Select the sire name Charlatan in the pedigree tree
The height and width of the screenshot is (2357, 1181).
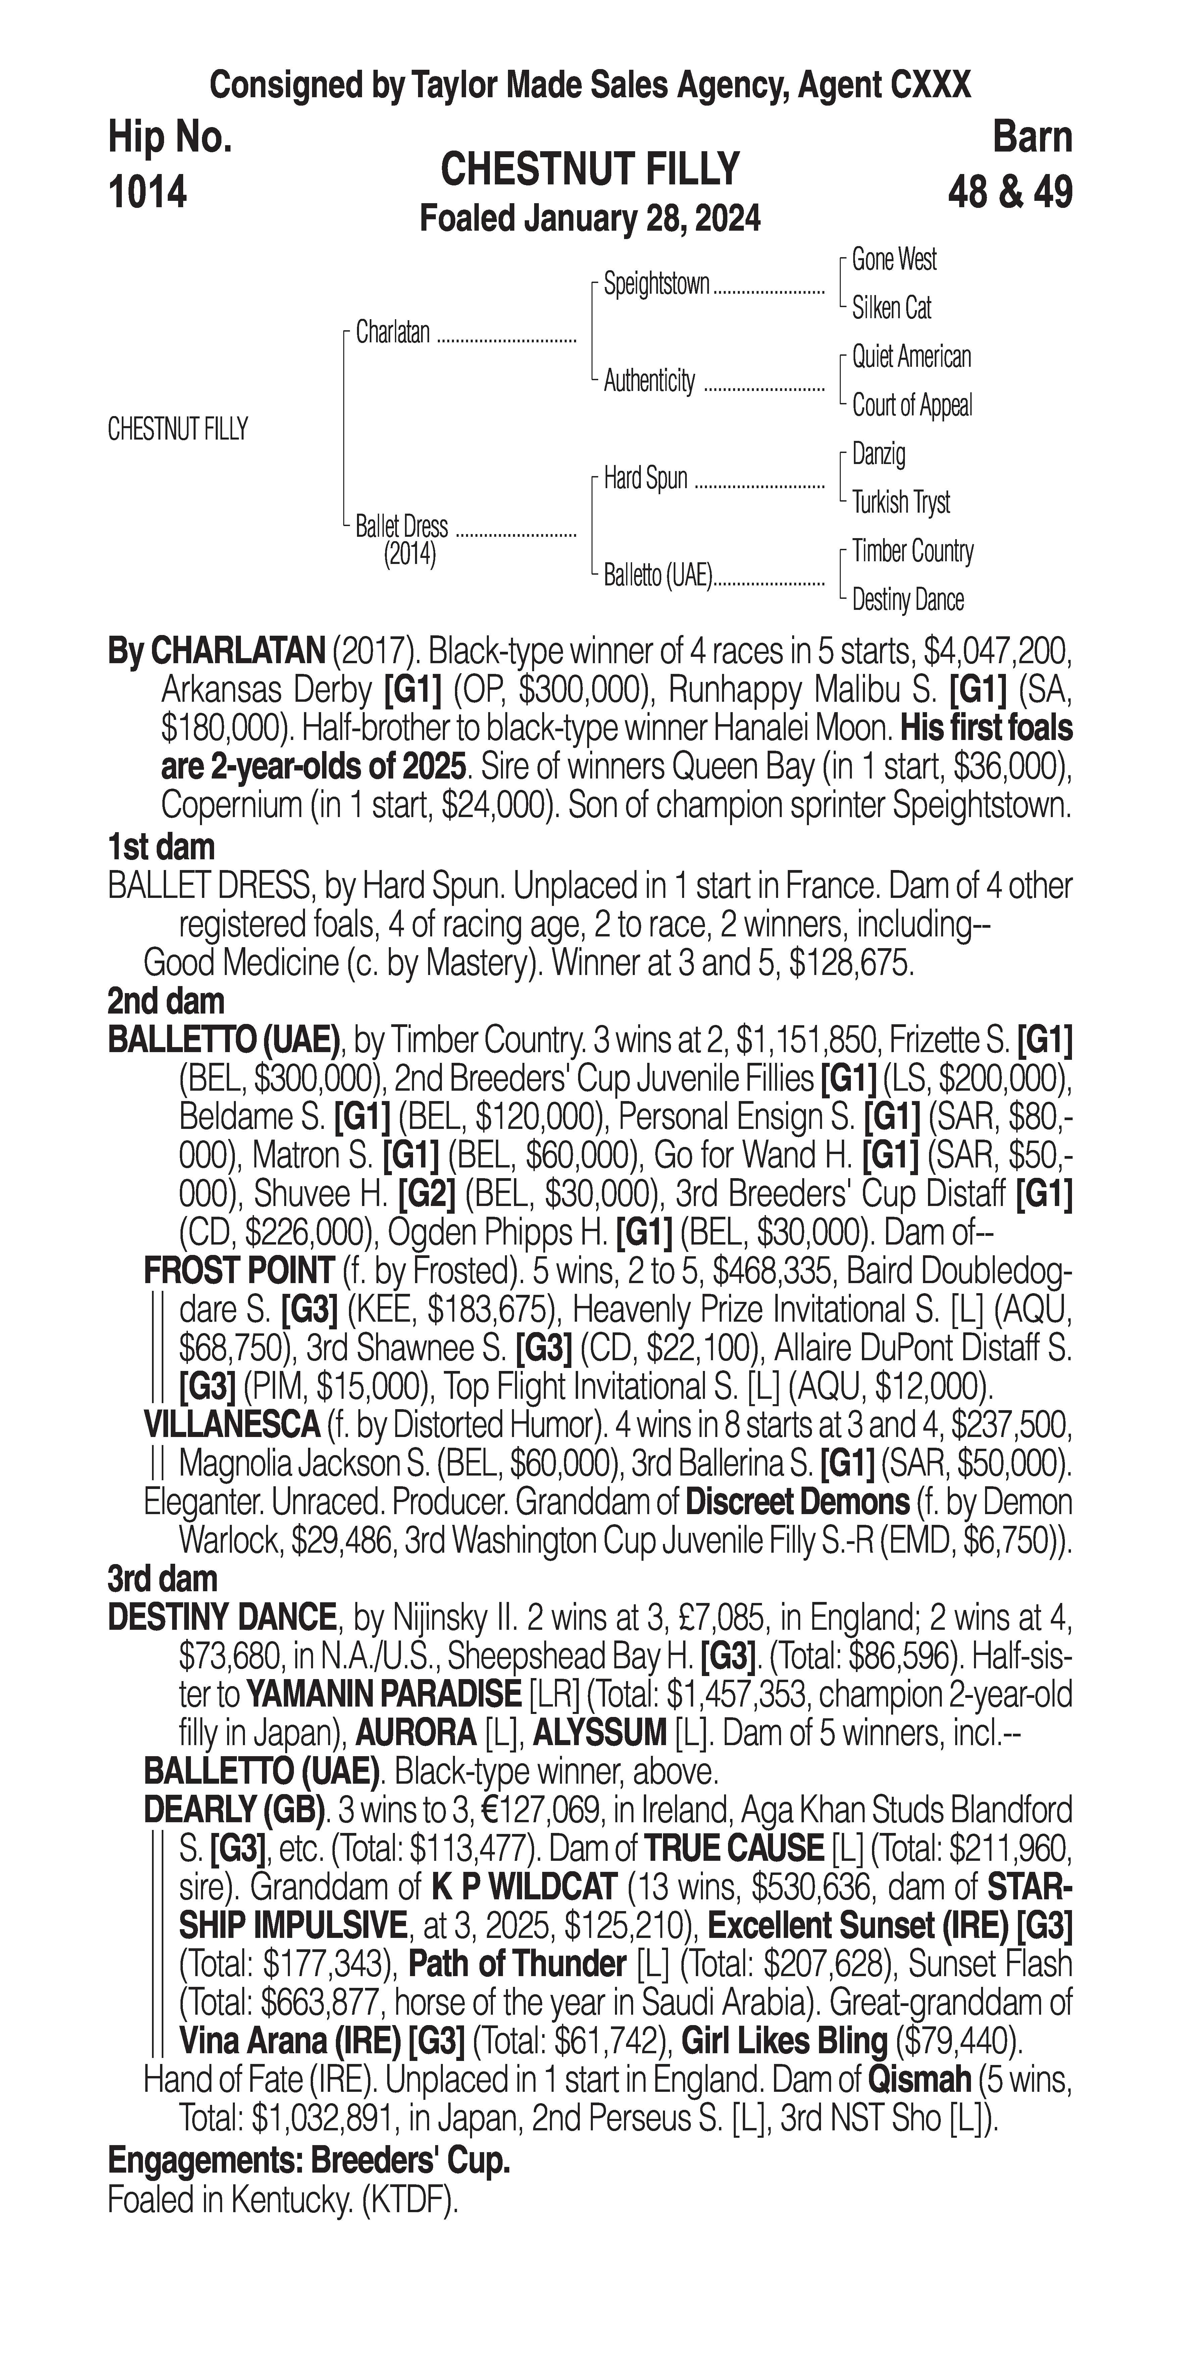(393, 332)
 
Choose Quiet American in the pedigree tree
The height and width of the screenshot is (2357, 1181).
(911, 357)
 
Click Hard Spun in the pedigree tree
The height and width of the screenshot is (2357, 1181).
(646, 478)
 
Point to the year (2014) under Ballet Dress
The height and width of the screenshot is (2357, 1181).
(409, 555)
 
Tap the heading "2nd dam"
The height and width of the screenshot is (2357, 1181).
(166, 1001)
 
